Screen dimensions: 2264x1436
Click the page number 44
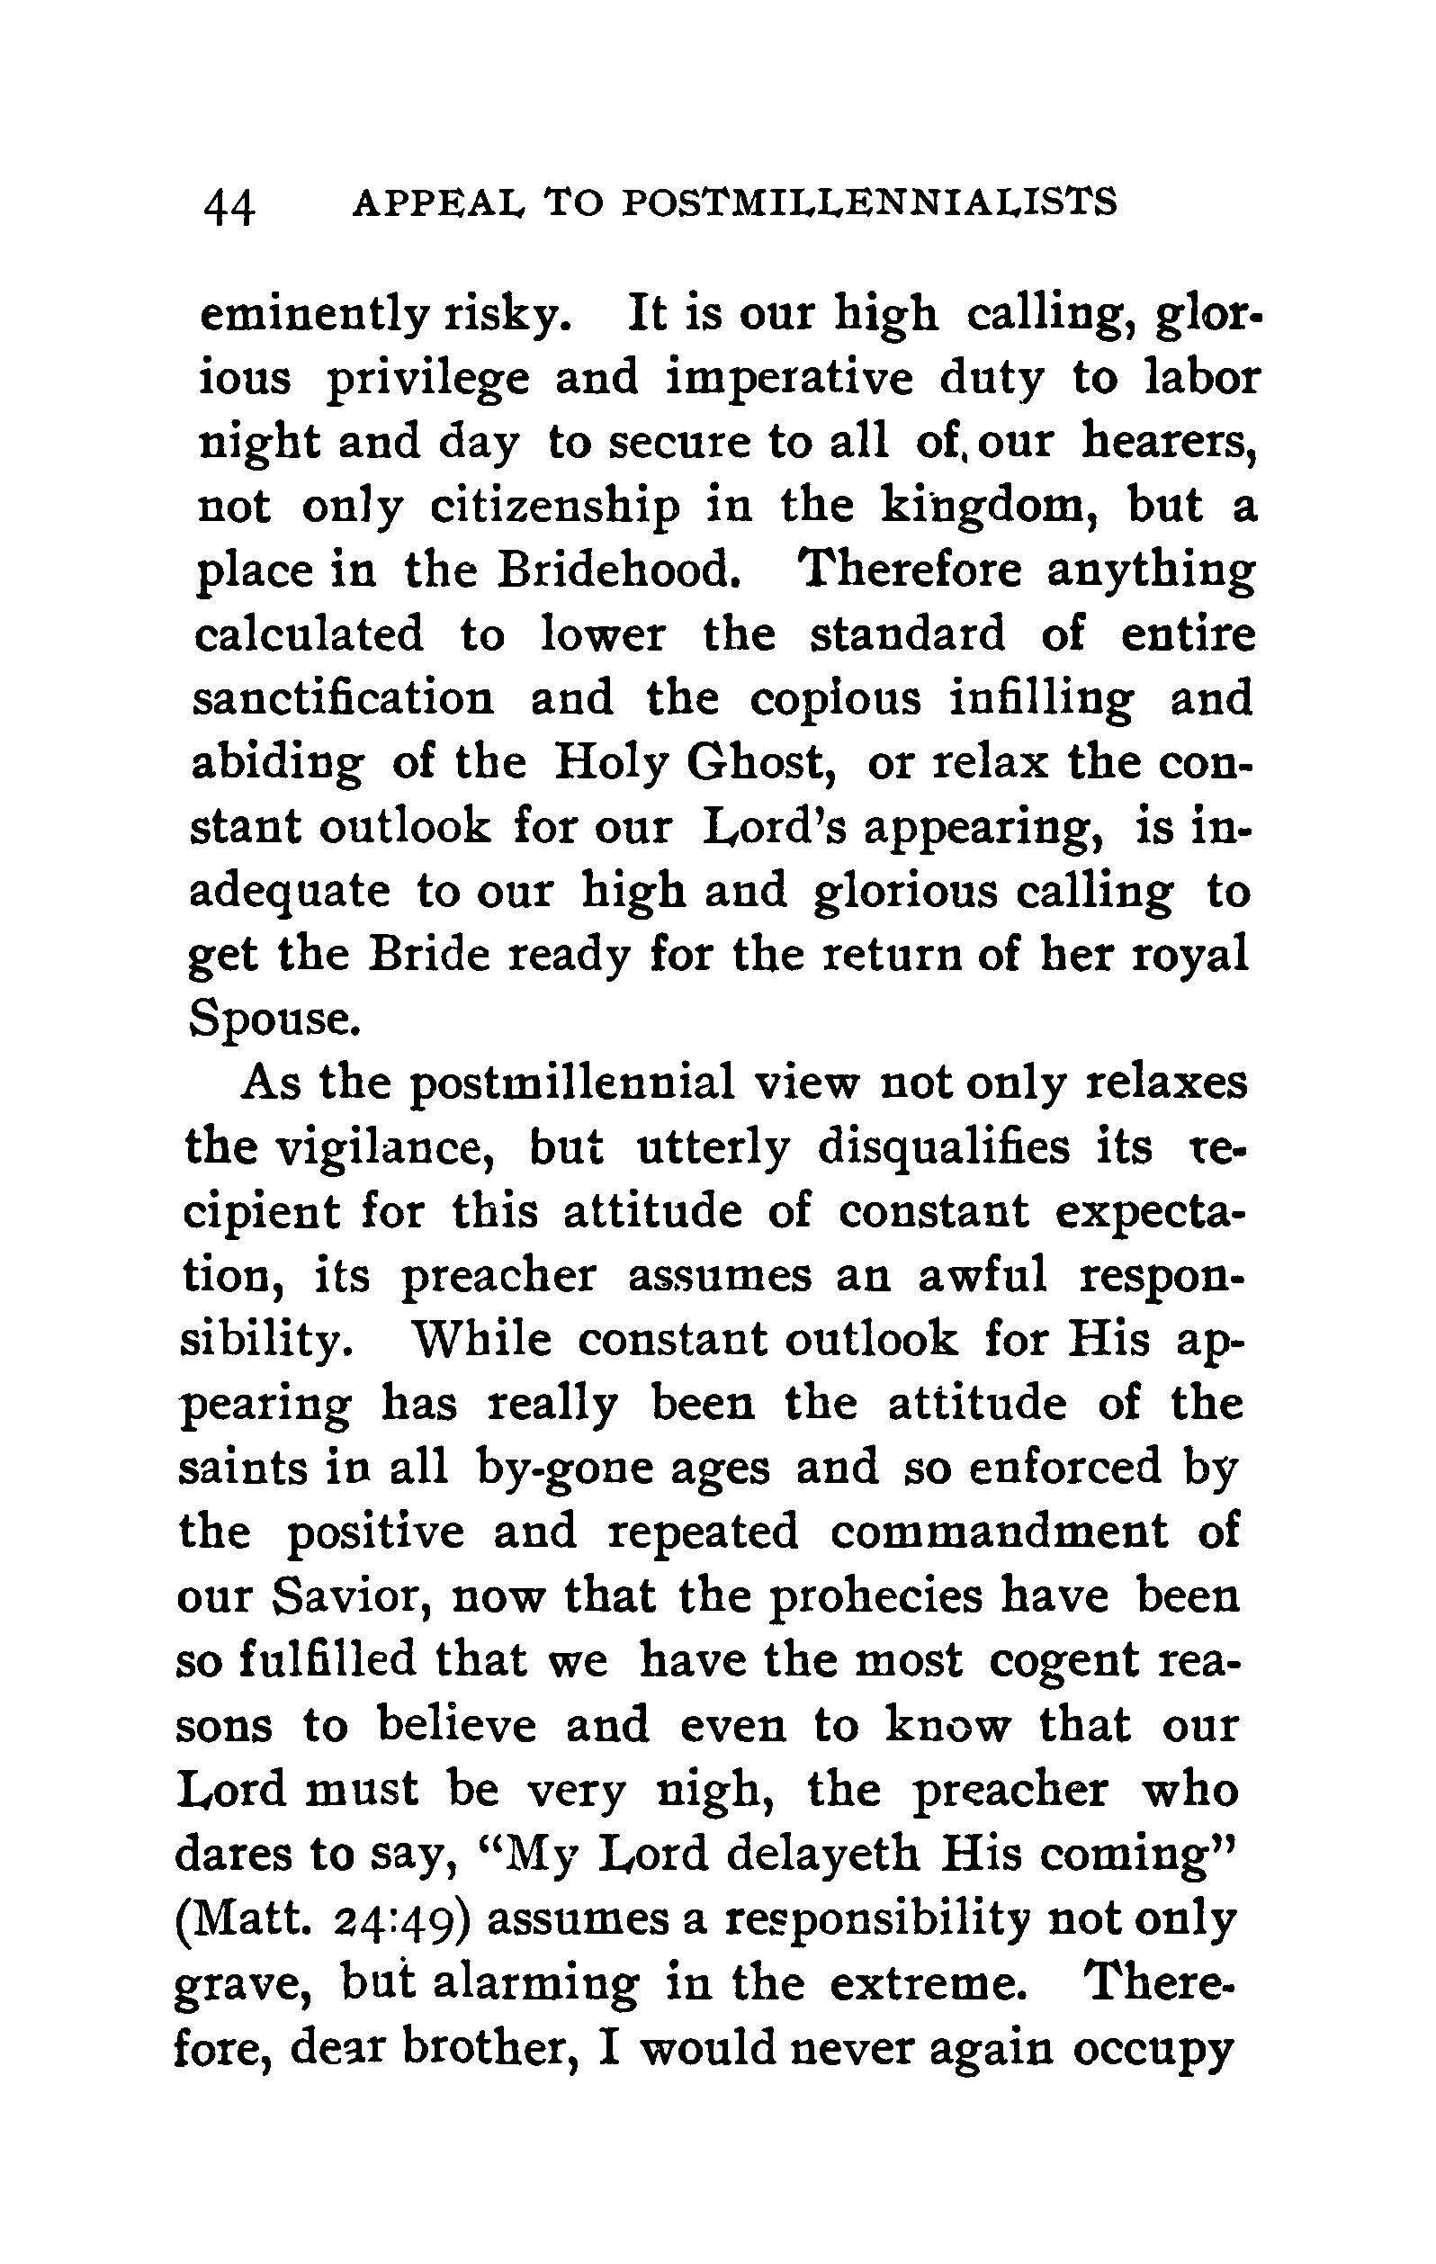coord(229,206)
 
